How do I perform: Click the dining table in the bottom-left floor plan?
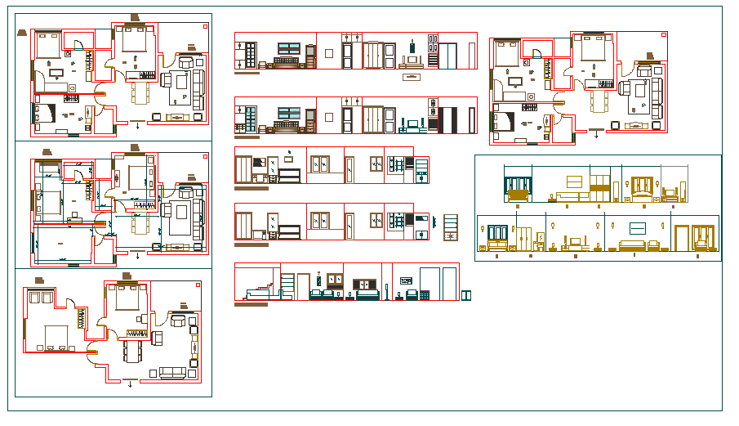click(x=132, y=351)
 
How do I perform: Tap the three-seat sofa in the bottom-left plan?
click(x=171, y=372)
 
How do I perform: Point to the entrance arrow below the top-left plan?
click(x=138, y=126)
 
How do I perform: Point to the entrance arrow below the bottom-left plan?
click(x=130, y=383)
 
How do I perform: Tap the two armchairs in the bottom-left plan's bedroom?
click(x=38, y=297)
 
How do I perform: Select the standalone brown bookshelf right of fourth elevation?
click(x=450, y=227)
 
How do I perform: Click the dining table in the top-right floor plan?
click(x=602, y=102)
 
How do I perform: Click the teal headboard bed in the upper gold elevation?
click(x=517, y=194)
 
